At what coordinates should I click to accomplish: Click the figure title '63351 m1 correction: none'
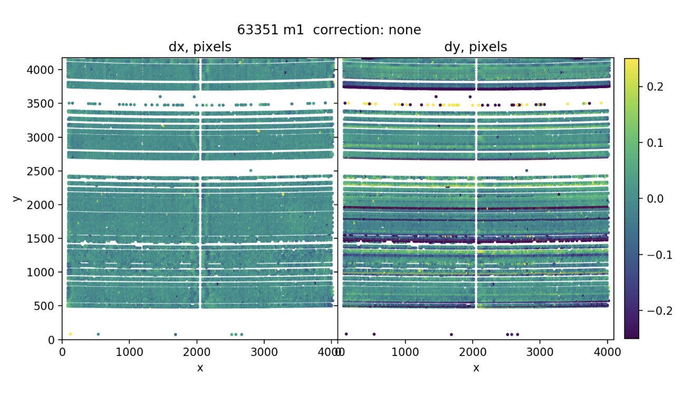[329, 30]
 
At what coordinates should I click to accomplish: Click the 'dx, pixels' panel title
[199, 47]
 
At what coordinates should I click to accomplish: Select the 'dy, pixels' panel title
[475, 47]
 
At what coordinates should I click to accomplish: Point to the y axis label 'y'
[16, 198]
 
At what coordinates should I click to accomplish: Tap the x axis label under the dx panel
[200, 368]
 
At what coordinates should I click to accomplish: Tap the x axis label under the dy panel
[476, 368]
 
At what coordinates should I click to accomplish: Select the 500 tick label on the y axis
[46, 306]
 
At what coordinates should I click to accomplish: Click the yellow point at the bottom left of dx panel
[70, 334]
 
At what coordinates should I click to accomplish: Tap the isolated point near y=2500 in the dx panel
[251, 171]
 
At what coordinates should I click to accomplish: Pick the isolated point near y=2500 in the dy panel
[526, 171]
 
